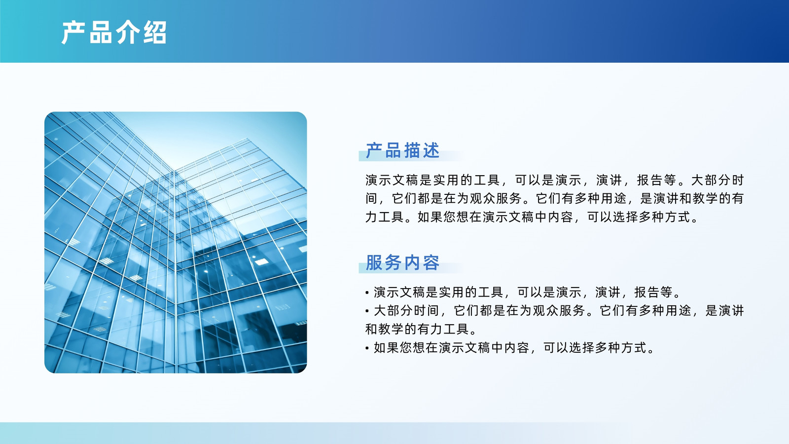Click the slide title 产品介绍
(114, 33)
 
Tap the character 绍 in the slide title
(155, 33)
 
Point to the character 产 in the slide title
(73, 33)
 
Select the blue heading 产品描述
(402, 150)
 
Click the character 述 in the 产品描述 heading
(431, 150)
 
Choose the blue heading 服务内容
(402, 262)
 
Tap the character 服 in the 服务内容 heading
(374, 262)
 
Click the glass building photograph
(176, 242)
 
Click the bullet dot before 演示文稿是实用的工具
(367, 293)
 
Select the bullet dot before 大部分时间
(367, 311)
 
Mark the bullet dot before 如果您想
(367, 348)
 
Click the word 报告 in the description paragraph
(650, 180)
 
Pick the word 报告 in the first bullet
(647, 292)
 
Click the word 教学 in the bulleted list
(391, 329)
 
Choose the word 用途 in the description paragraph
(613, 198)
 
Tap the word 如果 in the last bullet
(387, 348)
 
